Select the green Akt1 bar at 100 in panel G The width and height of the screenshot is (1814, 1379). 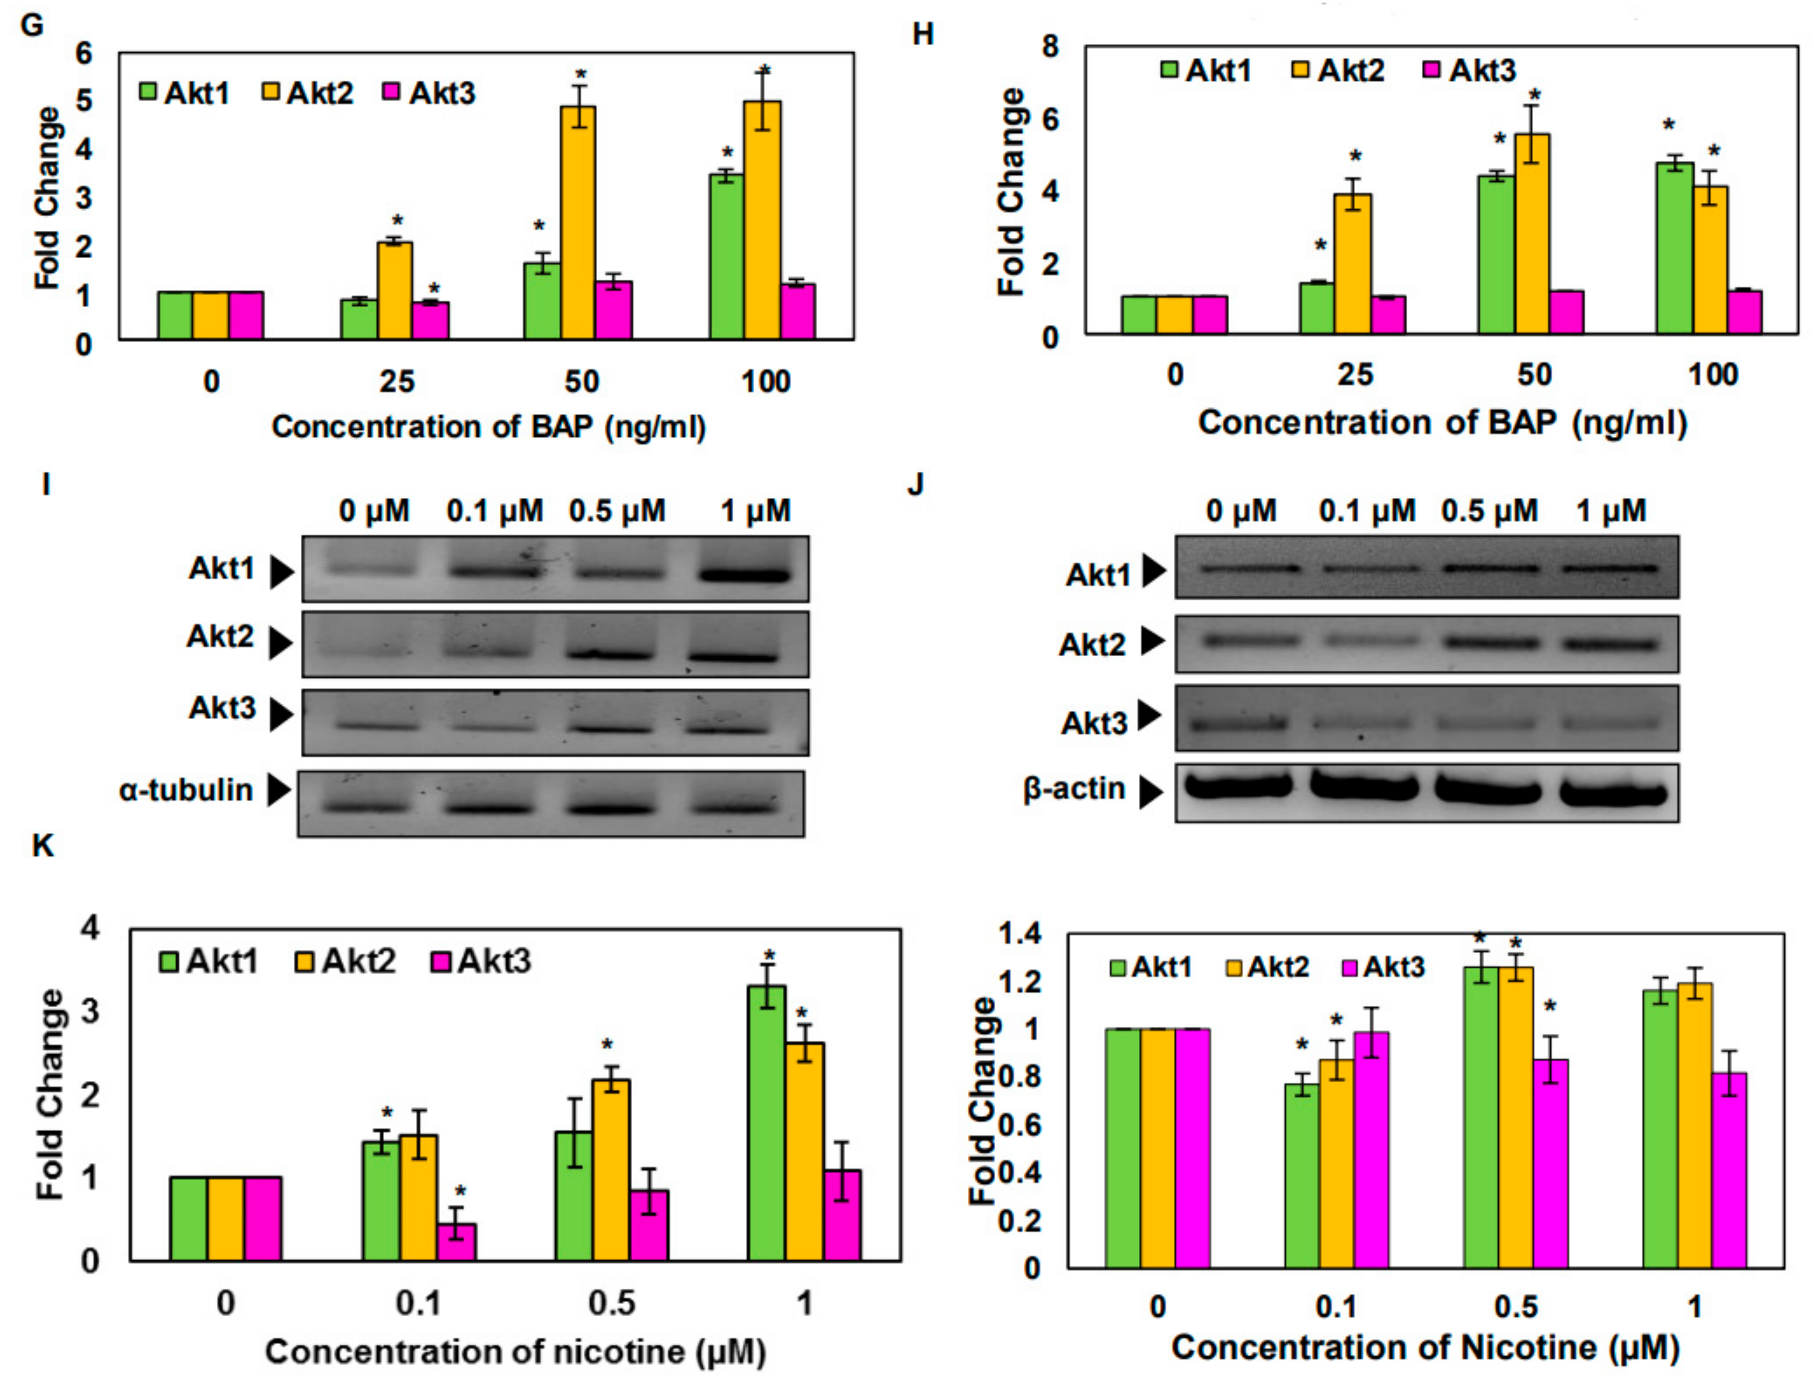click(726, 256)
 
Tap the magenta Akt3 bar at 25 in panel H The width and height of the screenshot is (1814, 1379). click(1389, 315)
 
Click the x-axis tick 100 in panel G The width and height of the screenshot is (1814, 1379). click(765, 382)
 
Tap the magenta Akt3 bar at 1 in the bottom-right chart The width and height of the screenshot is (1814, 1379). click(1728, 1170)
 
